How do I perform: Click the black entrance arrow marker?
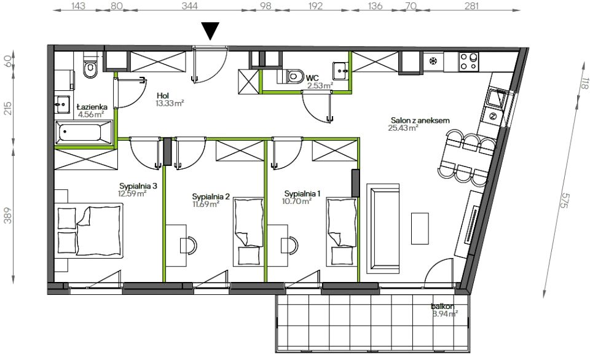point(210,31)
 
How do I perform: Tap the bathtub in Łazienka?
point(84,133)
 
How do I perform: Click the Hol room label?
point(163,96)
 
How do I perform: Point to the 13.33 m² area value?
point(170,103)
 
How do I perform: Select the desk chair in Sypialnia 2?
point(189,245)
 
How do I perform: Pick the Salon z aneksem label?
point(420,120)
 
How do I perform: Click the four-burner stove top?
point(469,61)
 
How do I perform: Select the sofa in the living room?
point(383,229)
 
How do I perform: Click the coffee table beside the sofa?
point(420,229)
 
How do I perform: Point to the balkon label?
point(442,307)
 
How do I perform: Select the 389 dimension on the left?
point(7,215)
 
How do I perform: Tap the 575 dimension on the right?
point(564,202)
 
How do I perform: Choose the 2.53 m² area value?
point(320,85)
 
